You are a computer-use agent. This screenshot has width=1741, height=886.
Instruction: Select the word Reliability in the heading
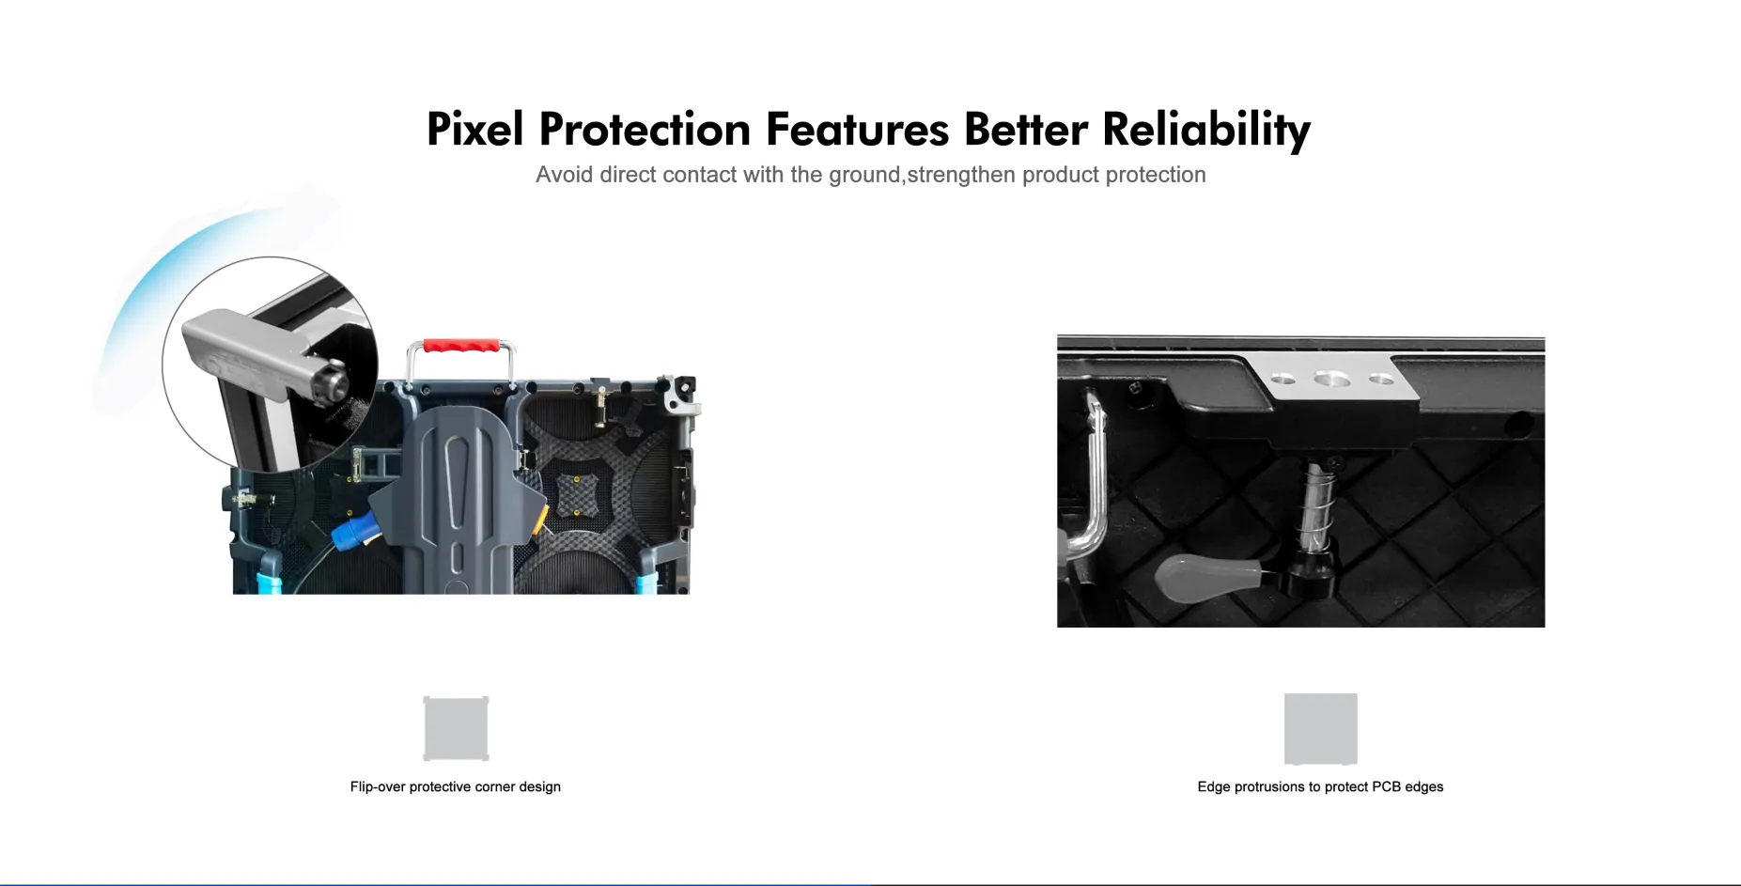pos(1205,131)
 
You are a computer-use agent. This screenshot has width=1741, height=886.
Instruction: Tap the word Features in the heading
pos(857,129)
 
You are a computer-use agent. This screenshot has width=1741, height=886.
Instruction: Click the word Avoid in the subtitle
pos(565,175)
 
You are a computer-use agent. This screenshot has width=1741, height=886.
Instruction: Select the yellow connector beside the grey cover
pos(542,517)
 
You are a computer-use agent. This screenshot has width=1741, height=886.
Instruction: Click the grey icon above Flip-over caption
pos(456,728)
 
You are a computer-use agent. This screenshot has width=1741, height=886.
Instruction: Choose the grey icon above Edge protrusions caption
pos(1320,729)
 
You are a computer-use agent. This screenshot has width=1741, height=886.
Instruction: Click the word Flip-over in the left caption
pos(378,786)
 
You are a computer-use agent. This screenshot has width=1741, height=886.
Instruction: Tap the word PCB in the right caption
pos(1386,786)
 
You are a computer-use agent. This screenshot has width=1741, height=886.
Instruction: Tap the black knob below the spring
pos(1307,574)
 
